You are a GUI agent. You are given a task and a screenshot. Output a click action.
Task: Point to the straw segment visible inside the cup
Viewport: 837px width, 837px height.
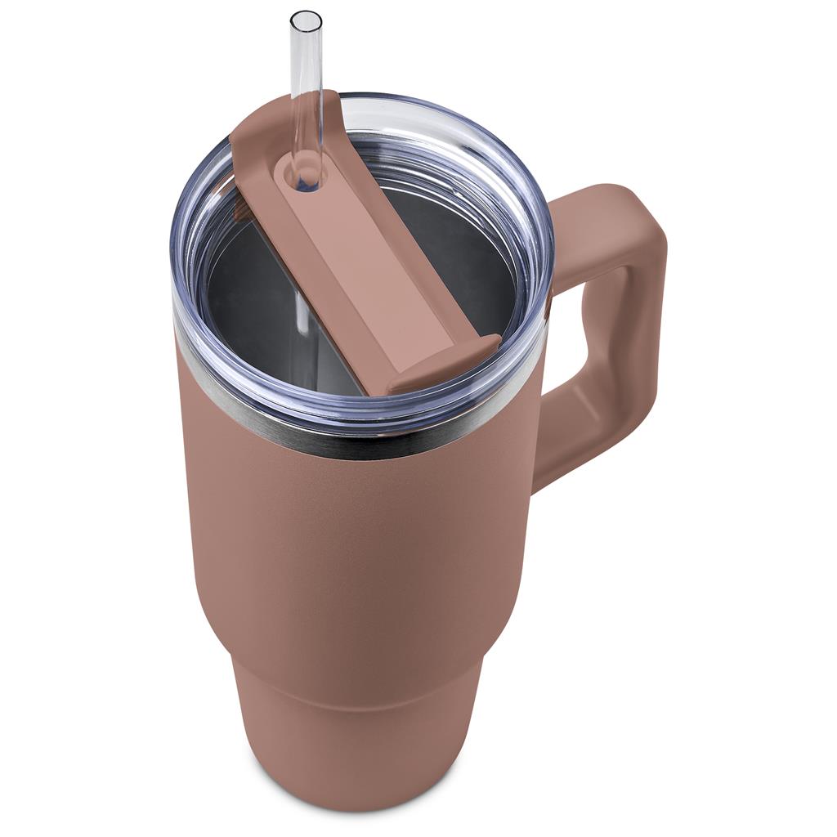[301, 311]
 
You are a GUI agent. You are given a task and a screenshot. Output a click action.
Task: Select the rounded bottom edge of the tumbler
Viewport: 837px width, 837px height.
[360, 805]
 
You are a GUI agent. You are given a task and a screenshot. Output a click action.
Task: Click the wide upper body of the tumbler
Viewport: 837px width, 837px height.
[351, 556]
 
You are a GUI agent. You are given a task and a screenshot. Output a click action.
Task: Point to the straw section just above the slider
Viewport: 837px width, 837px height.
[305, 98]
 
